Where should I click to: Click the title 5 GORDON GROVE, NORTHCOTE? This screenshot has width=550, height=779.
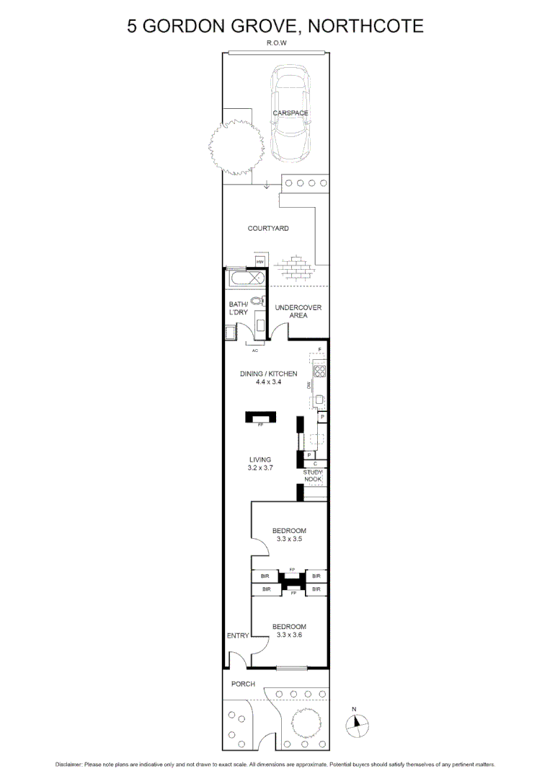(x=275, y=27)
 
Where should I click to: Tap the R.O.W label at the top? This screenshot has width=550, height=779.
(x=275, y=43)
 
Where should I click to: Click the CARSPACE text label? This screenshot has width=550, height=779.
(x=290, y=113)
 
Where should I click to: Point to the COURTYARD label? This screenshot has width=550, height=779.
(x=268, y=229)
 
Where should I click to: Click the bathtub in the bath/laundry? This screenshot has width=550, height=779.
(x=247, y=278)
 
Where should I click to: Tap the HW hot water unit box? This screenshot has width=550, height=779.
(x=260, y=260)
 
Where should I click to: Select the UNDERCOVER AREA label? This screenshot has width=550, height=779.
(x=298, y=312)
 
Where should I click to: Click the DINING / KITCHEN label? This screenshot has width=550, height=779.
(x=268, y=374)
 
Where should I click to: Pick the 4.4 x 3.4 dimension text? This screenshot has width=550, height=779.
(x=267, y=382)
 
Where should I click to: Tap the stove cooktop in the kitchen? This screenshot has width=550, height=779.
(x=319, y=372)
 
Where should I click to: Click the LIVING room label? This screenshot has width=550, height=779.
(x=260, y=459)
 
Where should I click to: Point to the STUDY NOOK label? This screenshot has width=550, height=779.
(x=312, y=476)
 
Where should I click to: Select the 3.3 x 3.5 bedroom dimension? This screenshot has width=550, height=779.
(x=289, y=540)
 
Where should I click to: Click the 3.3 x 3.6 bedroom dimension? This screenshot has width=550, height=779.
(x=289, y=635)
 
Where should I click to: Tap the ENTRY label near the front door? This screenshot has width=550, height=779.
(x=237, y=635)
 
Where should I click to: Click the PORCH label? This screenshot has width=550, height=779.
(x=243, y=684)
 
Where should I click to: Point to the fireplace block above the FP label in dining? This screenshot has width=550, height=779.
(x=260, y=417)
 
